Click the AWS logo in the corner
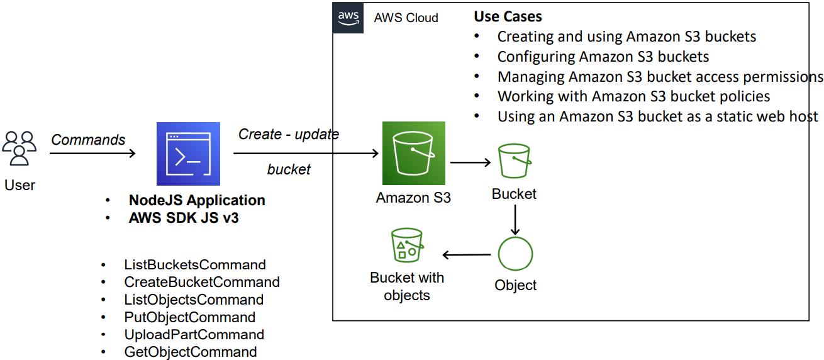point(348,18)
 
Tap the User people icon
point(19,148)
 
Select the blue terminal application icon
point(188,154)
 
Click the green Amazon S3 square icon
point(414,153)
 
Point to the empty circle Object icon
point(515,254)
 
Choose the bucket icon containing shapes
point(407,245)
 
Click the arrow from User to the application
point(92,153)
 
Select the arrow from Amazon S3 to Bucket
point(470,162)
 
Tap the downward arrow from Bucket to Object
point(515,220)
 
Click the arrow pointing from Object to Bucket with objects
point(467,255)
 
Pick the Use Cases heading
point(508,16)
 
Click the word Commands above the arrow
point(88,140)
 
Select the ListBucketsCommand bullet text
point(195,265)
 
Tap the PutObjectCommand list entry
point(190,317)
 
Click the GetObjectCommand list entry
point(191,352)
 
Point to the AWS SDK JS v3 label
point(184,218)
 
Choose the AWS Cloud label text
point(406,18)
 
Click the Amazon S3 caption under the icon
point(413,198)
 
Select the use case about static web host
point(658,116)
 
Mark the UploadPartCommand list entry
point(194,335)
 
